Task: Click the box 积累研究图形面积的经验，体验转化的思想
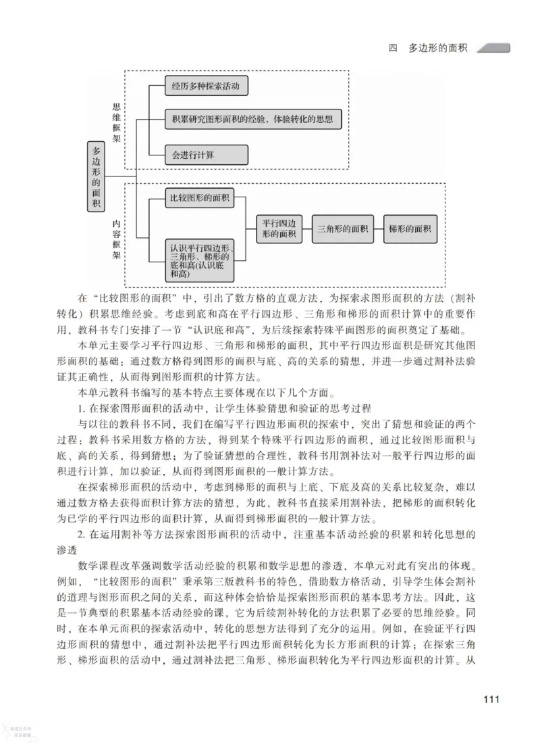pyautogui.click(x=253, y=120)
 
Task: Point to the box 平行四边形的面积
pyautogui.click(x=279, y=229)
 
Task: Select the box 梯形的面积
pyautogui.click(x=410, y=229)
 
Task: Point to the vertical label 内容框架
pyautogui.click(x=117, y=239)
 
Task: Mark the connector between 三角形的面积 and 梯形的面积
pyautogui.click(x=377, y=229)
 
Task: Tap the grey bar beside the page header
pyautogui.click(x=494, y=48)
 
